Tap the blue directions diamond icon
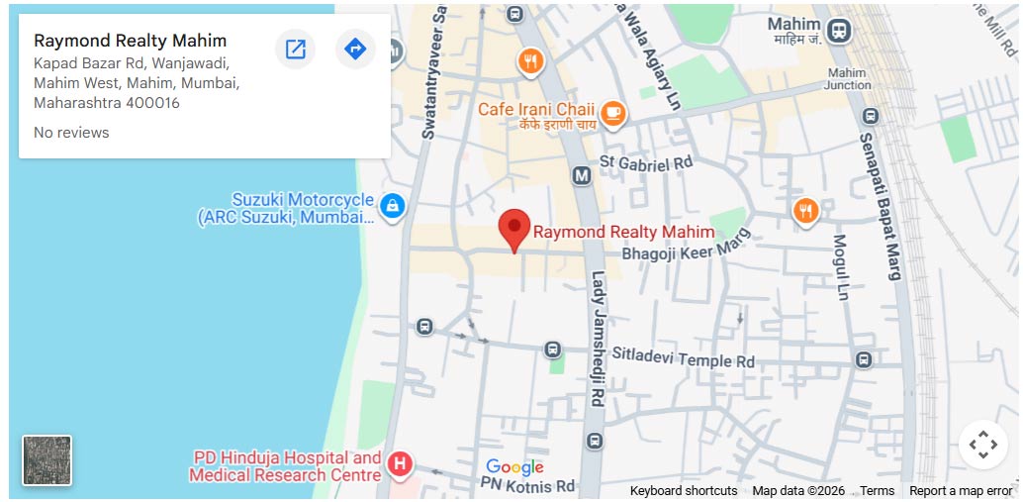[355, 49]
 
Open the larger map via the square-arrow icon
[295, 49]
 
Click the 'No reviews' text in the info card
[71, 133]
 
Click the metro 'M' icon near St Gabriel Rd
[582, 175]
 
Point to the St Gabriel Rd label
[646, 162]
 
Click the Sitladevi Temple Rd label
[683, 357]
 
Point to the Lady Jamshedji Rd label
[598, 339]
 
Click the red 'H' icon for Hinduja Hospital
[400, 463]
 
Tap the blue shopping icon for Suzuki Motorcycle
[393, 206]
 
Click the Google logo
[514, 467]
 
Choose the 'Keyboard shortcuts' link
[683, 491]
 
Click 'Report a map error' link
[960, 491]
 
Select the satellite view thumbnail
[47, 460]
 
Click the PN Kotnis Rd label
[526, 486]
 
